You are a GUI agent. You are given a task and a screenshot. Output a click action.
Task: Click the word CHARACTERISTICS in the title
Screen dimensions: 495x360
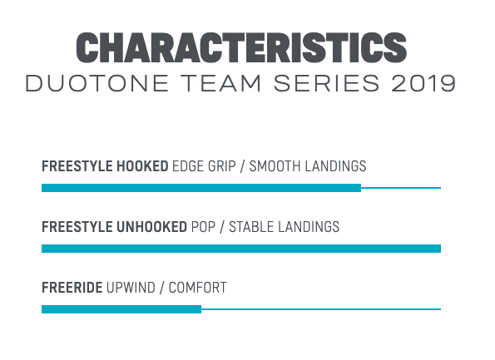241,47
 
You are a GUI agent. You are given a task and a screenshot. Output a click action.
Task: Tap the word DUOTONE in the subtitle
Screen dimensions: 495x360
97,84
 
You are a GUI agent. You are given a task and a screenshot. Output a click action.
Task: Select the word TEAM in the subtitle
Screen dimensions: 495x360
220,84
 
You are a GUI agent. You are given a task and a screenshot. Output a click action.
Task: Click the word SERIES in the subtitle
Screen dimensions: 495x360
326,84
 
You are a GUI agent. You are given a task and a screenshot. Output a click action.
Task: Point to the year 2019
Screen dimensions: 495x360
423,84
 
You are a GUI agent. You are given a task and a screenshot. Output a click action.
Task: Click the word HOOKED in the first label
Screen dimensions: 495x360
142,166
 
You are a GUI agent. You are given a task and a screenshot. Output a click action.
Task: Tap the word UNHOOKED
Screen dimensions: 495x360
152,227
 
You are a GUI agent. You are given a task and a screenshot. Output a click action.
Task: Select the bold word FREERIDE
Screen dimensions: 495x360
72,288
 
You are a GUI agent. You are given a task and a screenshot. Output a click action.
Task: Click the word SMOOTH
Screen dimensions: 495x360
275,166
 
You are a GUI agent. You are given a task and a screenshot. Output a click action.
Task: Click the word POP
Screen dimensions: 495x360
203,227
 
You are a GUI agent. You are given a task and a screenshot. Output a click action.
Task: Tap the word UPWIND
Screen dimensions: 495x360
131,288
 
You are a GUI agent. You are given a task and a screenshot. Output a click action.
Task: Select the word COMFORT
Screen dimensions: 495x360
198,288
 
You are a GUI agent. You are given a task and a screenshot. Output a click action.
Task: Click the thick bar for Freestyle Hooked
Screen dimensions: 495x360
201,188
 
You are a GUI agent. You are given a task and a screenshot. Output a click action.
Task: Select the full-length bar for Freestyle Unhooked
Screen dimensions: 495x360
241,249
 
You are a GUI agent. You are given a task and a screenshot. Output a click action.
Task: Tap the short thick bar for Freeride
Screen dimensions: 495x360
121,309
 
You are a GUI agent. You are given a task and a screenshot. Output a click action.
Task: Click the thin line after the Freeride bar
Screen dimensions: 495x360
321,309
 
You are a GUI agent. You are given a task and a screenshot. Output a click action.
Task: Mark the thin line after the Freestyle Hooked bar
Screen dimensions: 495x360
401,188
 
